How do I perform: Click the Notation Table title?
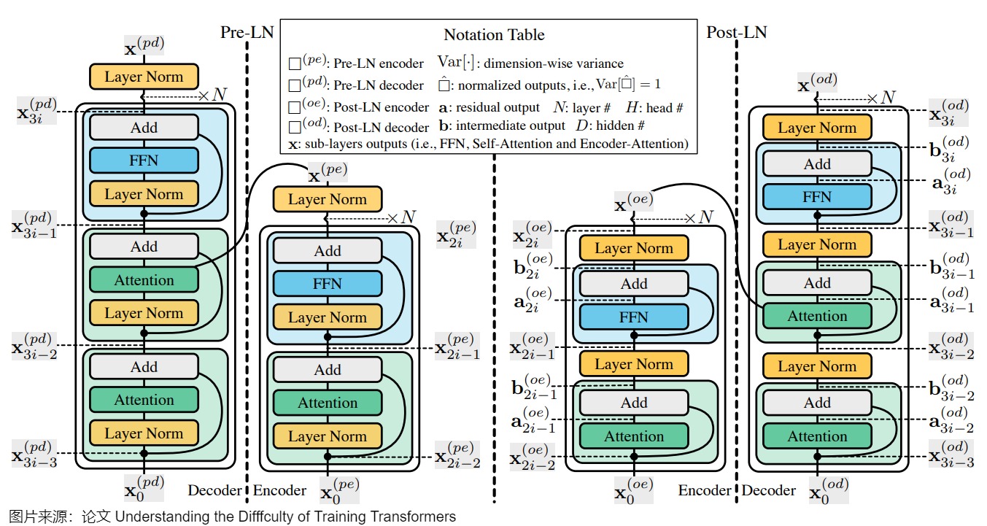pos(494,35)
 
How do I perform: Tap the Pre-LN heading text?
pos(247,32)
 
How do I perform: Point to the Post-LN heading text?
pos(737,32)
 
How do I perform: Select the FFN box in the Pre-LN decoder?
pos(144,160)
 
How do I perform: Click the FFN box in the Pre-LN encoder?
pos(328,284)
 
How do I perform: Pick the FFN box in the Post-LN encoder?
pos(634,317)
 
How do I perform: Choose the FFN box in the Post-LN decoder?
pos(817,196)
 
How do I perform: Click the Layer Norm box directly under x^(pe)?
pos(328,199)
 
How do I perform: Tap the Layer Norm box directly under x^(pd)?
pos(144,77)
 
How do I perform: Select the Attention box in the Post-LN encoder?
pos(634,436)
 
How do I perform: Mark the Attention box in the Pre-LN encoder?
pos(328,403)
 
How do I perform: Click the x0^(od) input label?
pos(829,490)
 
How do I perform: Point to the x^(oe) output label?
pos(634,202)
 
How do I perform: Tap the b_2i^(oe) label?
pos(533,266)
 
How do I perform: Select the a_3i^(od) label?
pos(951,181)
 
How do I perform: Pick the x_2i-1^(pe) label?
pos(457,346)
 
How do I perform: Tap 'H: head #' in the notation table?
pos(654,107)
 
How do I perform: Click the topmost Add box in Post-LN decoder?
pos(817,164)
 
